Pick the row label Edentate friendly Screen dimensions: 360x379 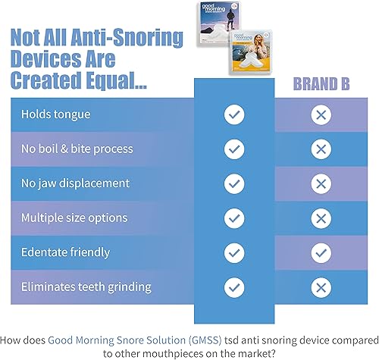click(x=65, y=252)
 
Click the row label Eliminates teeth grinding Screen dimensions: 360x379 click(x=87, y=286)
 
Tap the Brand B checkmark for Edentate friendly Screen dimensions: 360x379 click(x=321, y=252)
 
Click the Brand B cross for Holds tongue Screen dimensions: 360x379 click(x=321, y=115)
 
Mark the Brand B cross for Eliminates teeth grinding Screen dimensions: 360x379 click(x=321, y=286)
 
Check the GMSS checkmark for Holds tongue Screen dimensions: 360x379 click(x=234, y=115)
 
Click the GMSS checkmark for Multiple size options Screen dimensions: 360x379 click(x=234, y=218)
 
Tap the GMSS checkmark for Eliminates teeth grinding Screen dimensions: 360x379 click(x=234, y=286)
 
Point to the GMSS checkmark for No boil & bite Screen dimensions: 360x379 click(x=234, y=149)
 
